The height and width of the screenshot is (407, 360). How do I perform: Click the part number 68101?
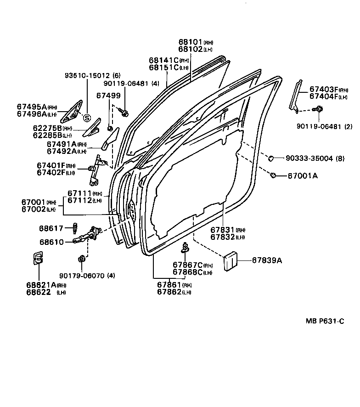coord(190,42)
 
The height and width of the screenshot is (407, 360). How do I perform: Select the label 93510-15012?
coord(87,75)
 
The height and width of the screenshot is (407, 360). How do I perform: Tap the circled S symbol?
coord(86,118)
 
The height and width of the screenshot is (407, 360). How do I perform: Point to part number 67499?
coord(108,96)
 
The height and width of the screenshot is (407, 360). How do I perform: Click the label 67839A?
coord(267,260)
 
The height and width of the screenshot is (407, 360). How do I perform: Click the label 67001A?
coord(303,175)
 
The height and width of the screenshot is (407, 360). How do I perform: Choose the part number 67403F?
coord(323,90)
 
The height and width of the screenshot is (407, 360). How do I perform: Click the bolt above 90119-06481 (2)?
coord(316,109)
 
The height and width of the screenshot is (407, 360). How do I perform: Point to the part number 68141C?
coord(163,60)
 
